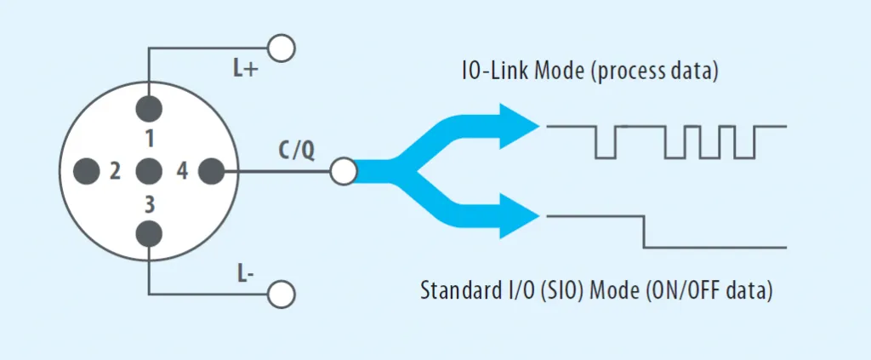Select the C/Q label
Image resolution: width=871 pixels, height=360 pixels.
297,151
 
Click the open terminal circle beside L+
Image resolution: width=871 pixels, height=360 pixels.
281,47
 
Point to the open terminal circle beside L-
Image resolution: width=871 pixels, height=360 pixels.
281,294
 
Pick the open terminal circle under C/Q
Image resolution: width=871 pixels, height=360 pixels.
343,171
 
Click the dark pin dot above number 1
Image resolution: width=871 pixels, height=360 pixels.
149,109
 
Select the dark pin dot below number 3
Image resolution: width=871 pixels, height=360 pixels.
149,233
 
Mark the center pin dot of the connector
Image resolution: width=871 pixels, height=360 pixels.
149,171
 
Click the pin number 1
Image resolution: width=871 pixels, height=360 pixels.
149,138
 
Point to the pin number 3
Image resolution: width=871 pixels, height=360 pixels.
149,204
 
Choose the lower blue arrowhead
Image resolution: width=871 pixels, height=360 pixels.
521,217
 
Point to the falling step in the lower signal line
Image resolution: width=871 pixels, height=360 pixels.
644,231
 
